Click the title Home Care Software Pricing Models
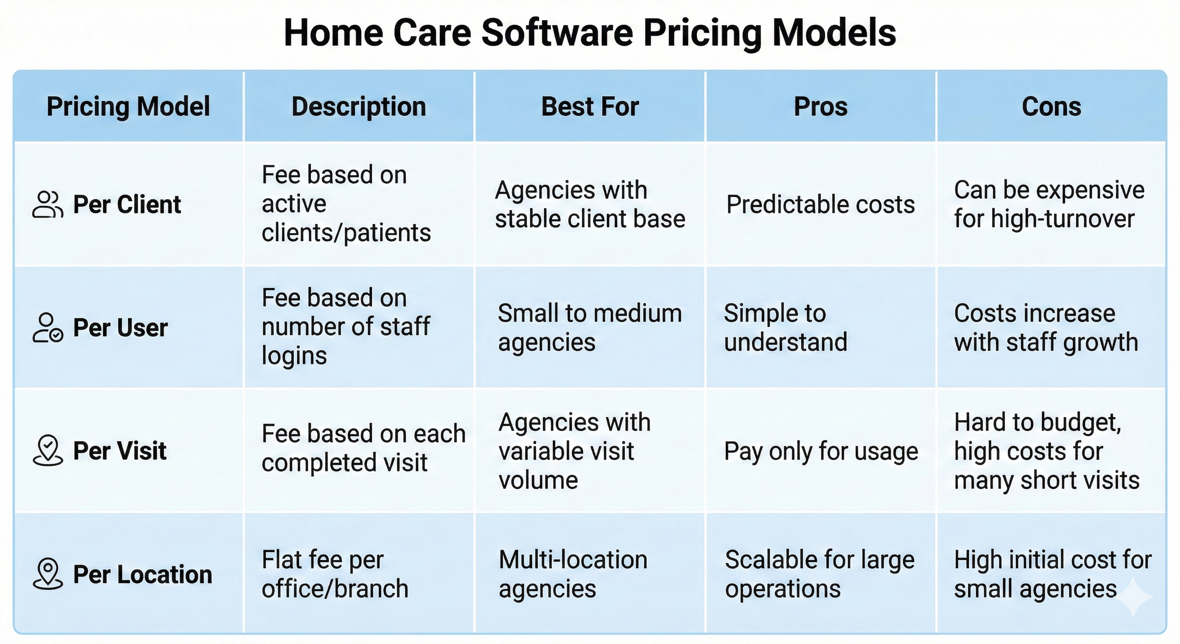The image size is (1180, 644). coord(590,33)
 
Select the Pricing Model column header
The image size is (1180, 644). coord(128,107)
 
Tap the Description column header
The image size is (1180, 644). coord(359,107)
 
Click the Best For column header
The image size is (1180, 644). coord(590,107)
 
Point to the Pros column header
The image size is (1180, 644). coord(821,107)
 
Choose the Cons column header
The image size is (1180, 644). coord(1052,107)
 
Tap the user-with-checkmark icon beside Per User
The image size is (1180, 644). coord(48,328)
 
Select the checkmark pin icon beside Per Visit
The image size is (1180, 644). coord(48,451)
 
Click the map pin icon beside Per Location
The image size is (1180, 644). coord(48,574)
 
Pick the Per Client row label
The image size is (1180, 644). coord(127,205)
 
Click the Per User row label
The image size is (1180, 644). coord(121,328)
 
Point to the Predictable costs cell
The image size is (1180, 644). coord(820,205)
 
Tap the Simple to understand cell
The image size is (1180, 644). coord(786,328)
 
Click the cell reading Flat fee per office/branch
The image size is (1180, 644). coord(335,574)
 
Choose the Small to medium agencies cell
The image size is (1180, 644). coord(590,328)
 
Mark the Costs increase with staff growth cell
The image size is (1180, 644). coord(1046,328)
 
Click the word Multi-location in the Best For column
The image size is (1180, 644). coord(573,560)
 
